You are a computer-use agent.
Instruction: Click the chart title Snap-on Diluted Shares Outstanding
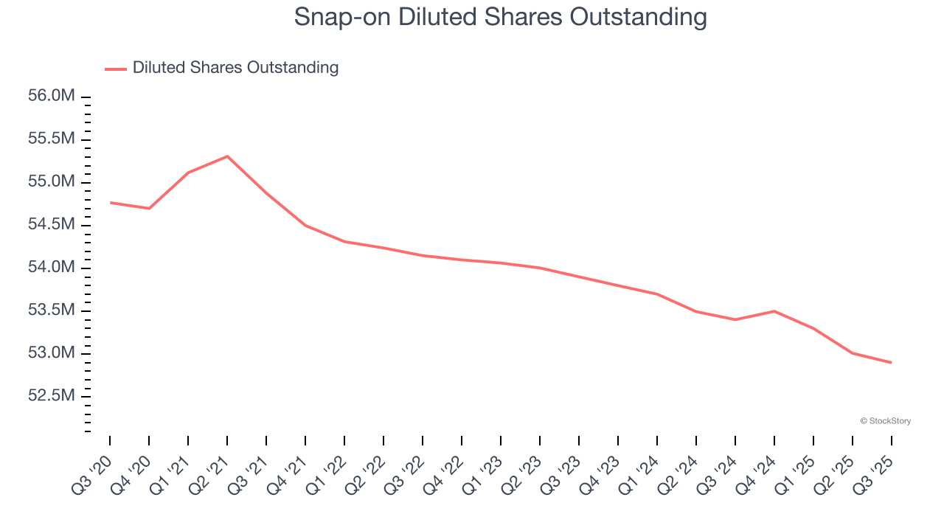tap(500, 17)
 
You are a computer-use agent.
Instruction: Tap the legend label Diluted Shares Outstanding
tap(235, 68)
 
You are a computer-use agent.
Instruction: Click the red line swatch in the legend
tap(116, 69)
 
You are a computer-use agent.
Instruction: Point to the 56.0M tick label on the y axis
tap(52, 97)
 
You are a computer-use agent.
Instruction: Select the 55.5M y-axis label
tap(52, 139)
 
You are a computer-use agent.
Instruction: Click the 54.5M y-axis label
tap(52, 225)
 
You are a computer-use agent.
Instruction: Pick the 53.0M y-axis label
tap(52, 353)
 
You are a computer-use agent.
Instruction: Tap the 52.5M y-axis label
tap(52, 396)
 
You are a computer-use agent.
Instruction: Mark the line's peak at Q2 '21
tap(227, 156)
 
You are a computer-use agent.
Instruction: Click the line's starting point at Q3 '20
tap(111, 202)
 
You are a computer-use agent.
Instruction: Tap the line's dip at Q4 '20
tap(149, 209)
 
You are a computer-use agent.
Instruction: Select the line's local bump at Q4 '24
tap(774, 311)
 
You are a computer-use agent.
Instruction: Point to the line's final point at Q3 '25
tap(891, 363)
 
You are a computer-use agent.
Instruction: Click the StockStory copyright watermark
tap(885, 421)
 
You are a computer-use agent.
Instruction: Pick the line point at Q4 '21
tap(305, 225)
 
